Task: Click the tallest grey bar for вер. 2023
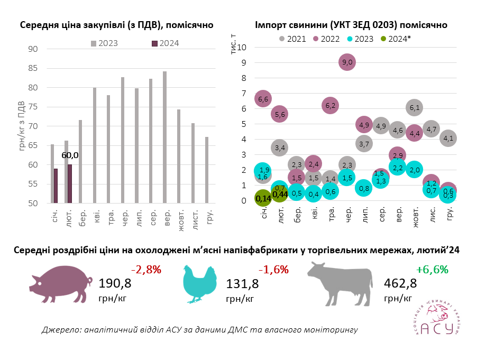pos(164,137)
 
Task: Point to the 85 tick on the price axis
pos(33,68)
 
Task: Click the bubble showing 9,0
pos(347,62)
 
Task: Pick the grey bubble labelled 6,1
pos(415,108)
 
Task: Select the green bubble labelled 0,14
pos(263,199)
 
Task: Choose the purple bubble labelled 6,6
pos(263,98)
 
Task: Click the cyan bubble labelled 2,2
pos(398,167)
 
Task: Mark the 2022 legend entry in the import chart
pos(325,39)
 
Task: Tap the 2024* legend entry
pos(395,39)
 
